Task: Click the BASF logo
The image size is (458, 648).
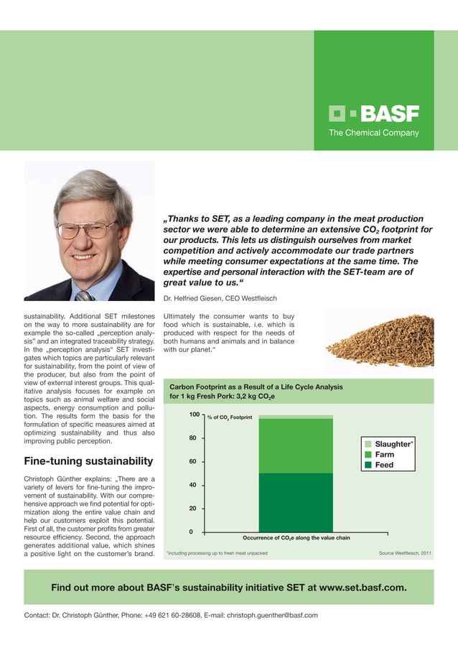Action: click(x=373, y=114)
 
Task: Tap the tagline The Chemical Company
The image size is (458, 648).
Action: click(x=373, y=133)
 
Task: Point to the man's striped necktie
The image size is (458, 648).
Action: click(x=85, y=295)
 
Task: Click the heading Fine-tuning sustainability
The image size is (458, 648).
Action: click(x=88, y=460)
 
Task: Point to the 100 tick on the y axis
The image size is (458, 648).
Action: click(x=194, y=415)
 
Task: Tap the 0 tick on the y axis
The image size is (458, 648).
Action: click(x=192, y=532)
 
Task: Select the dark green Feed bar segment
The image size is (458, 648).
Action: click(x=296, y=503)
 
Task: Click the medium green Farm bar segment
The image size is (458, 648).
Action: click(x=296, y=445)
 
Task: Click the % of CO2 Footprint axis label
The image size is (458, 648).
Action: click(x=229, y=417)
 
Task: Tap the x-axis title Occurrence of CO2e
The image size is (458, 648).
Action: click(x=296, y=537)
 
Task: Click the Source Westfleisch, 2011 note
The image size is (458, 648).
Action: click(x=404, y=554)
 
